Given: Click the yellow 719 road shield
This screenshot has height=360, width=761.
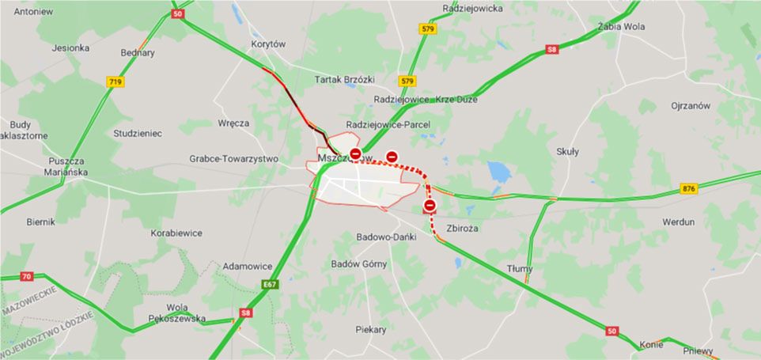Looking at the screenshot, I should (115, 81).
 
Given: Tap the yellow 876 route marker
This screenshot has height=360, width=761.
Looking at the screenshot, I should (689, 188).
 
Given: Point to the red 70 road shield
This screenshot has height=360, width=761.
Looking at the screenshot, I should (27, 276).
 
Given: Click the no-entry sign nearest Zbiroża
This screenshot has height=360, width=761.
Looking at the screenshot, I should (430, 207).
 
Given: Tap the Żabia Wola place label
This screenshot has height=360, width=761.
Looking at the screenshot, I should (622, 27).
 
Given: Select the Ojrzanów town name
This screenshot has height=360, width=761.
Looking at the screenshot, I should (691, 105).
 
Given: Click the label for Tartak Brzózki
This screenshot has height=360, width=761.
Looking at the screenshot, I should (344, 80).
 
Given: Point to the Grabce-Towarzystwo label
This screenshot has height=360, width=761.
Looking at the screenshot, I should (233, 159).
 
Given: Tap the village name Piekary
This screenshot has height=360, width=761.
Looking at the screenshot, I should (371, 329).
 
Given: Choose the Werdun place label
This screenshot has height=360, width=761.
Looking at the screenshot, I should (678, 222).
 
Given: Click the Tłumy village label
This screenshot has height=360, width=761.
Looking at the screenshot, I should (521, 269).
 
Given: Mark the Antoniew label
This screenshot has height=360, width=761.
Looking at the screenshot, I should (33, 12).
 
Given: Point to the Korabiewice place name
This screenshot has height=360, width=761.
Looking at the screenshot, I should (176, 233).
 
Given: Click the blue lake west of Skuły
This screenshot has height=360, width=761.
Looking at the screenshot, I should (499, 172).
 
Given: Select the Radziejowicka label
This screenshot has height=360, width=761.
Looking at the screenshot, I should (473, 9).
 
